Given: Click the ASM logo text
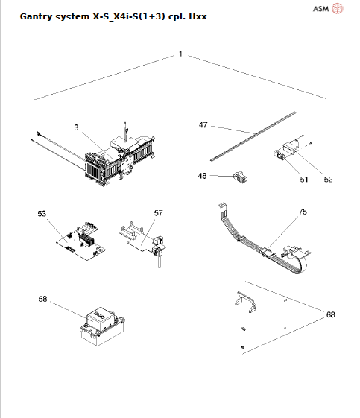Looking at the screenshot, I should (320, 9).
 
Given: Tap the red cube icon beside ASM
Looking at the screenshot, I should (338, 9).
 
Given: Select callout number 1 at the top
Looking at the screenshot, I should (180, 54).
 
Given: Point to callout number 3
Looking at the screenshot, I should (77, 128).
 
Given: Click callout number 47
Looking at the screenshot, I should (203, 125).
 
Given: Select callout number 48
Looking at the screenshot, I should (203, 177).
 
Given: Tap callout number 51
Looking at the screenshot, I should (303, 179).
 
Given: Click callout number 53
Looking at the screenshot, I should (42, 213).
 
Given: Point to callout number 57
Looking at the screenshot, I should (158, 213).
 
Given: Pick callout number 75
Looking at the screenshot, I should (302, 212).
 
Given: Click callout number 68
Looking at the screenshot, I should (330, 315).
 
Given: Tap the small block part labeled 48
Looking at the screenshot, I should (239, 179).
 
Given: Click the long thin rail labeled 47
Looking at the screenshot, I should (253, 134).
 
